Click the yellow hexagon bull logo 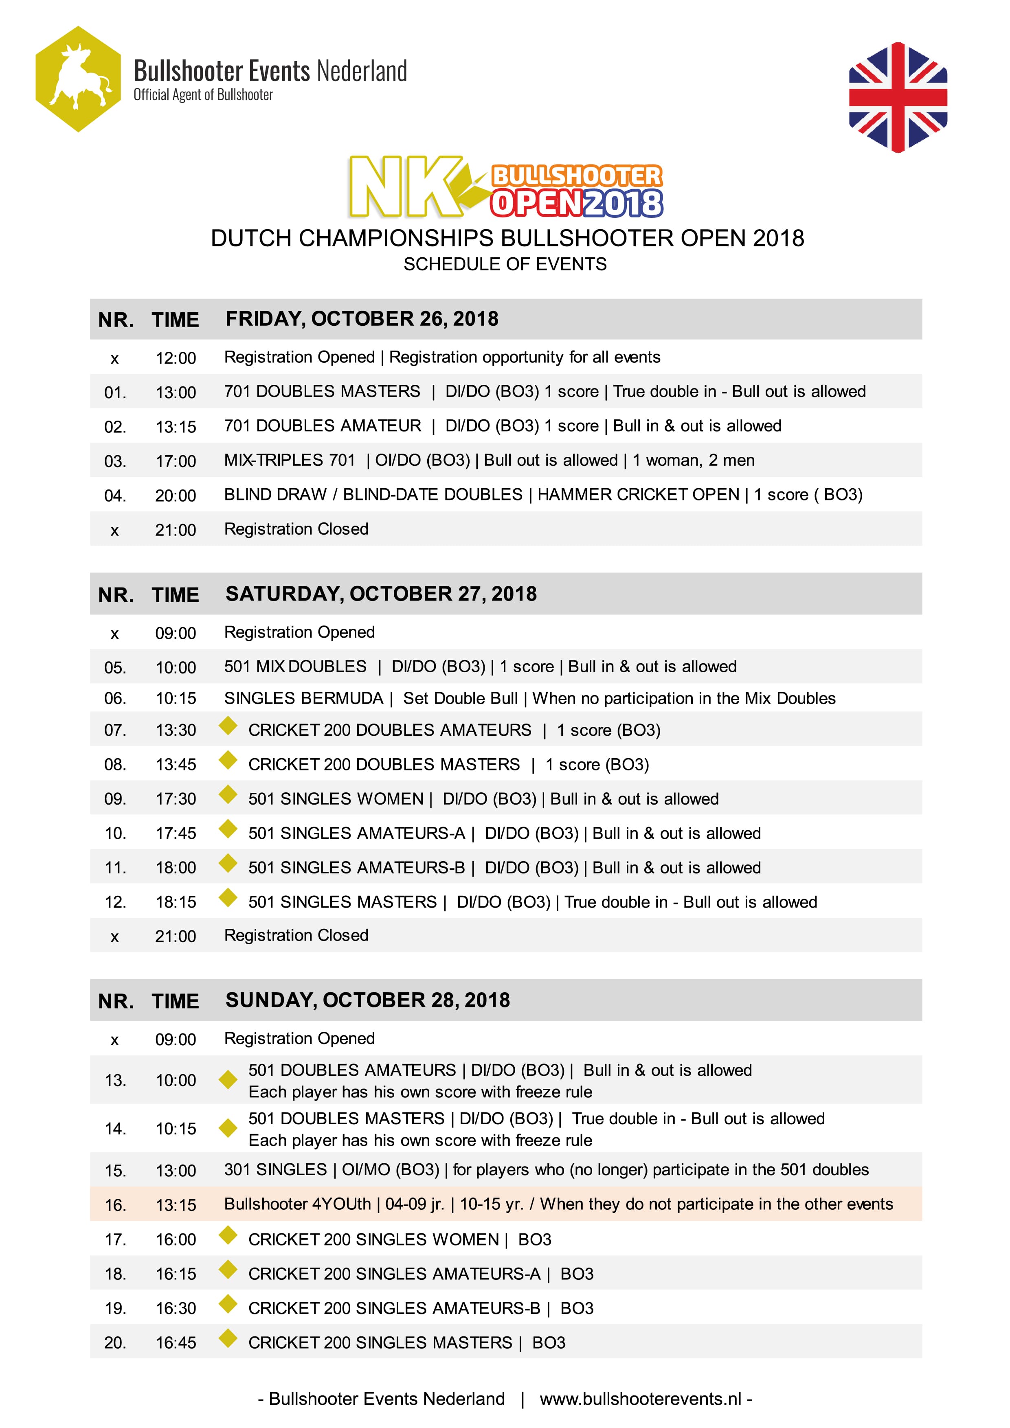pyautogui.click(x=78, y=79)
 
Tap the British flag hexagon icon pyautogui.click(x=898, y=97)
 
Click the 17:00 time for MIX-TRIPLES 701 pyautogui.click(x=176, y=461)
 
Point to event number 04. pyautogui.click(x=115, y=496)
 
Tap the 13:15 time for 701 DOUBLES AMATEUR pyautogui.click(x=176, y=427)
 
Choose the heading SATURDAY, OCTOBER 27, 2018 pyautogui.click(x=381, y=594)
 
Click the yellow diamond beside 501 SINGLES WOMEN pyautogui.click(x=228, y=794)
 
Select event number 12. pyautogui.click(x=115, y=902)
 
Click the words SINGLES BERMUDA pyautogui.click(x=303, y=698)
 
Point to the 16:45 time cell pyautogui.click(x=176, y=1343)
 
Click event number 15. pyautogui.click(x=115, y=1171)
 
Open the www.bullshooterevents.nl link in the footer pyautogui.click(x=641, y=1399)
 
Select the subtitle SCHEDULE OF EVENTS pyautogui.click(x=505, y=264)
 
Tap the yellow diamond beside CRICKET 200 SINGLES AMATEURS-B pyautogui.click(x=228, y=1304)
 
